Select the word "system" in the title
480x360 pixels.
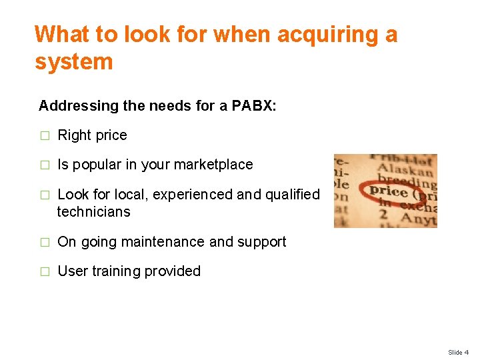[74, 62]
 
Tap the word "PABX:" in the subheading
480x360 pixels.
[258, 105]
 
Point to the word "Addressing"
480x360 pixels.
[77, 105]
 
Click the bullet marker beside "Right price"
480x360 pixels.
[44, 135]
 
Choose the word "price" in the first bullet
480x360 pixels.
[111, 135]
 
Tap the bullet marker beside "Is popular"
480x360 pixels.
[44, 165]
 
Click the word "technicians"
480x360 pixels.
[93, 212]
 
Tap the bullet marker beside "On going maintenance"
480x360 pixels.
[44, 242]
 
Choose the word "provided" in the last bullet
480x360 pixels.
[174, 271]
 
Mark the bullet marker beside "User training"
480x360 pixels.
[44, 271]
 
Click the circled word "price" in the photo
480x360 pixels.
[389, 192]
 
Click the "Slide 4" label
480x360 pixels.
[458, 352]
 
